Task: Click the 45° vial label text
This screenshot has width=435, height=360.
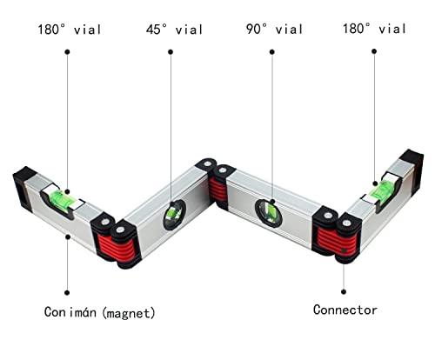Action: pyautogui.click(x=174, y=30)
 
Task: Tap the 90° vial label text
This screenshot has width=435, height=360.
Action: pyautogui.click(x=274, y=29)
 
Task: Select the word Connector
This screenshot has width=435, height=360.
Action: pyautogui.click(x=345, y=310)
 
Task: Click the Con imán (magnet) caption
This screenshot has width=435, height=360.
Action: pyautogui.click(x=100, y=313)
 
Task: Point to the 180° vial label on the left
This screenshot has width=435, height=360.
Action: pyautogui.click(x=70, y=30)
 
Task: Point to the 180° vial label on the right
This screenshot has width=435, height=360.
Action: pyautogui.click(x=374, y=29)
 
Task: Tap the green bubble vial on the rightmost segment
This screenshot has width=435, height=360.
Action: pyautogui.click(x=384, y=190)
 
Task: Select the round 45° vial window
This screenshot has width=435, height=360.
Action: pyautogui.click(x=174, y=215)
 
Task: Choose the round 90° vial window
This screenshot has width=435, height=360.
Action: pyautogui.click(x=269, y=213)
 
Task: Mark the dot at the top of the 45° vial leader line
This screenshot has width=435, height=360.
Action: pyautogui.click(x=171, y=52)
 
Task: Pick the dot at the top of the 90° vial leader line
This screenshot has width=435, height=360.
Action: pyautogui.click(x=272, y=52)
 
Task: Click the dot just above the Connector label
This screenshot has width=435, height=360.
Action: pyautogui.click(x=344, y=292)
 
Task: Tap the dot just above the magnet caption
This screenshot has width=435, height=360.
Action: pyautogui.click(x=67, y=293)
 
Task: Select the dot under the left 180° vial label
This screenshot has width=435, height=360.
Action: pyautogui.click(x=67, y=52)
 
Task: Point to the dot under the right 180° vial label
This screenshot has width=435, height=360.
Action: pyautogui.click(x=374, y=51)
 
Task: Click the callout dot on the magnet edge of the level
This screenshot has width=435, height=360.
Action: pyautogui.click(x=68, y=237)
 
